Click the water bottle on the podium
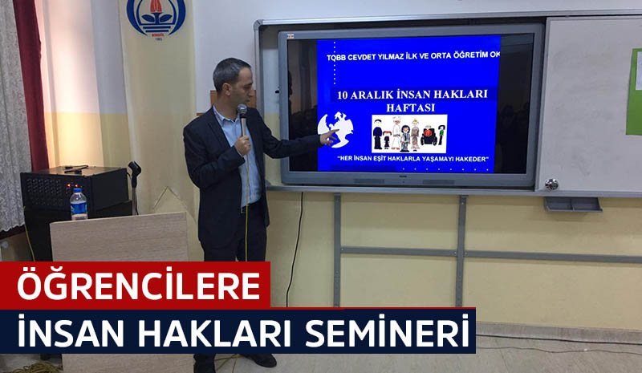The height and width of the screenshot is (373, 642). pos(78,204)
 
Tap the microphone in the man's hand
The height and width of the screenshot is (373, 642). pos(242,119)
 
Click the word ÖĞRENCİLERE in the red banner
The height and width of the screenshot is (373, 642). pos(138,286)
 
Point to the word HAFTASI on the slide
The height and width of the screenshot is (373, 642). pos(411,108)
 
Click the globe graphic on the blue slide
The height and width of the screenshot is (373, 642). pos(335,129)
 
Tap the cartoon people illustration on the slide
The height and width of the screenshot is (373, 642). pos(409,134)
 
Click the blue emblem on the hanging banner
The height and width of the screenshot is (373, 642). pos(156,16)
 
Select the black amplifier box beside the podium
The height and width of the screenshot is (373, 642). pos(75,189)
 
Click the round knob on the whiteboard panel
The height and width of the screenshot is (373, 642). pos(551,184)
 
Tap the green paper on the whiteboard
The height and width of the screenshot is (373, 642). pos(634,92)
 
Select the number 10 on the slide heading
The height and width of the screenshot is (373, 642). pos(344,95)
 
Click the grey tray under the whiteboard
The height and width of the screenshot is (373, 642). pos(573,205)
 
